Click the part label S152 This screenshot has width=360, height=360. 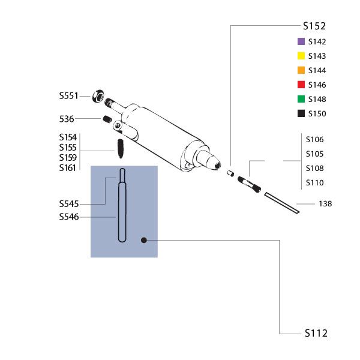pos(314,26)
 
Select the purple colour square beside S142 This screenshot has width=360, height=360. pos(301,41)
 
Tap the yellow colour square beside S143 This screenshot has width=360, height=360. pos(301,56)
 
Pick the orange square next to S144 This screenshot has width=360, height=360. pos(301,70)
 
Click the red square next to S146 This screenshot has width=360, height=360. pos(301,85)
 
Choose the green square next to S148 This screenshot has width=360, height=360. pos(301,99)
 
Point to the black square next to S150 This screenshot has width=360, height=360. pos(301,113)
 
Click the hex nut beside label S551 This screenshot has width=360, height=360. pos(98,96)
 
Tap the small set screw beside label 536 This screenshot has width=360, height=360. pos(107,119)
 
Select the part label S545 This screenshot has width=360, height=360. pos(69,204)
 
